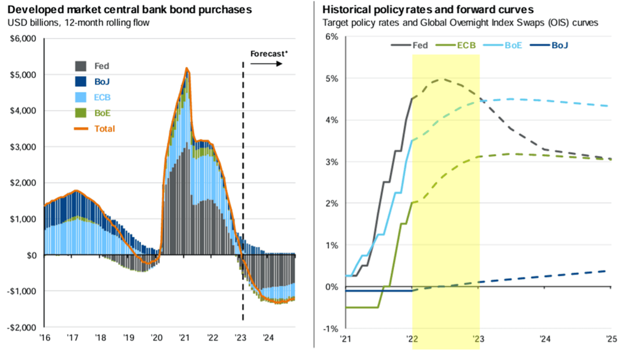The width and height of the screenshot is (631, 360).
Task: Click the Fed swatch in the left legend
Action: pos(81,66)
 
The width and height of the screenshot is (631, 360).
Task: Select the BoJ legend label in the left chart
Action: pos(102,82)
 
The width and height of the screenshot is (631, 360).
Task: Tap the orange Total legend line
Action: pos(81,129)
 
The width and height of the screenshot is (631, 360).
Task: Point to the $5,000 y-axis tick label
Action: pos(23,75)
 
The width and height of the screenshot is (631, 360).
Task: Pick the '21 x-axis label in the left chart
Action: pos(184,337)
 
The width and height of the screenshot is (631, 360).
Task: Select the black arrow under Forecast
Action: pos(266,64)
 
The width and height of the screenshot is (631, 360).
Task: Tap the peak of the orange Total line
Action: pos(186,69)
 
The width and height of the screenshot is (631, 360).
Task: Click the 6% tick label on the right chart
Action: pos(332,37)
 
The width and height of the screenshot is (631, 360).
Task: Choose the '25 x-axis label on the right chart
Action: pos(611,339)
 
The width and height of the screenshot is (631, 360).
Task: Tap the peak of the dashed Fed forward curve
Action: pos(441,79)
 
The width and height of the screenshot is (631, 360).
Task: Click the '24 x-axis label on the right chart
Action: pos(545,339)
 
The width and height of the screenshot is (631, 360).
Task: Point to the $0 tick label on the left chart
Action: pos(32,255)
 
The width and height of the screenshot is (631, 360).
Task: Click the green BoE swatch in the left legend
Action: pos(81,113)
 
